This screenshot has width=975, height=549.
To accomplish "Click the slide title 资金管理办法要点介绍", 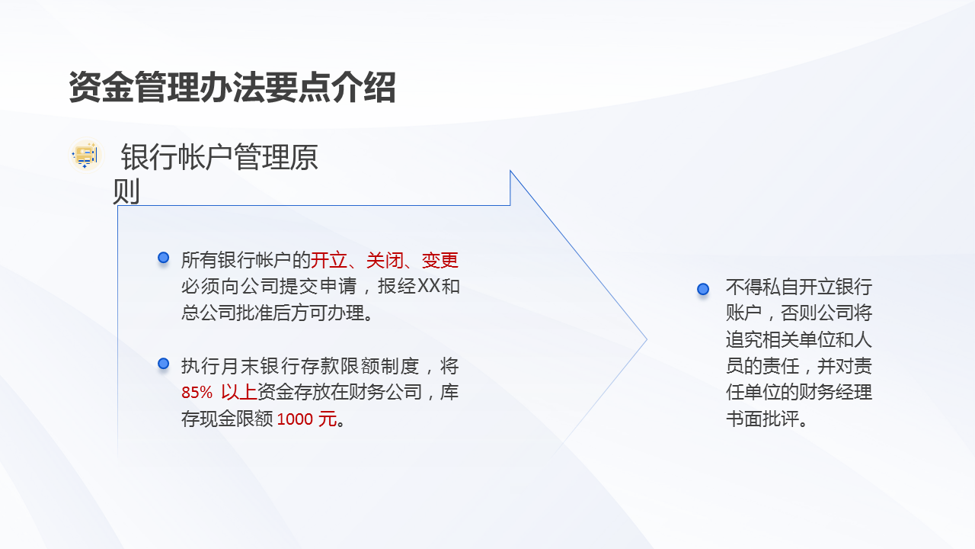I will click(x=232, y=88).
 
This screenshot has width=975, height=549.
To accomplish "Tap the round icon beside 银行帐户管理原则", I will click(x=85, y=155).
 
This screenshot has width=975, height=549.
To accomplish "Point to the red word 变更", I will click(x=440, y=260).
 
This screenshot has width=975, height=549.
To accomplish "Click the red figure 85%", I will click(x=197, y=393).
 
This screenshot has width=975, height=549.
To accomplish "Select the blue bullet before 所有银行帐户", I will click(x=163, y=258).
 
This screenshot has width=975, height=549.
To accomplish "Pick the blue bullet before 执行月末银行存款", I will click(x=163, y=364).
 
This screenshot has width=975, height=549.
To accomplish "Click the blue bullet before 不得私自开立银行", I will click(x=703, y=289).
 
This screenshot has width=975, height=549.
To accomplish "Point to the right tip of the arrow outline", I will click(x=646, y=339).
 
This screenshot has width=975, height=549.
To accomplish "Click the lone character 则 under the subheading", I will click(x=126, y=191).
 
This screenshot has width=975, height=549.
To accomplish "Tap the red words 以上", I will click(x=238, y=393).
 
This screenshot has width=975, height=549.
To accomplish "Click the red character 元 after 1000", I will click(x=327, y=419).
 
